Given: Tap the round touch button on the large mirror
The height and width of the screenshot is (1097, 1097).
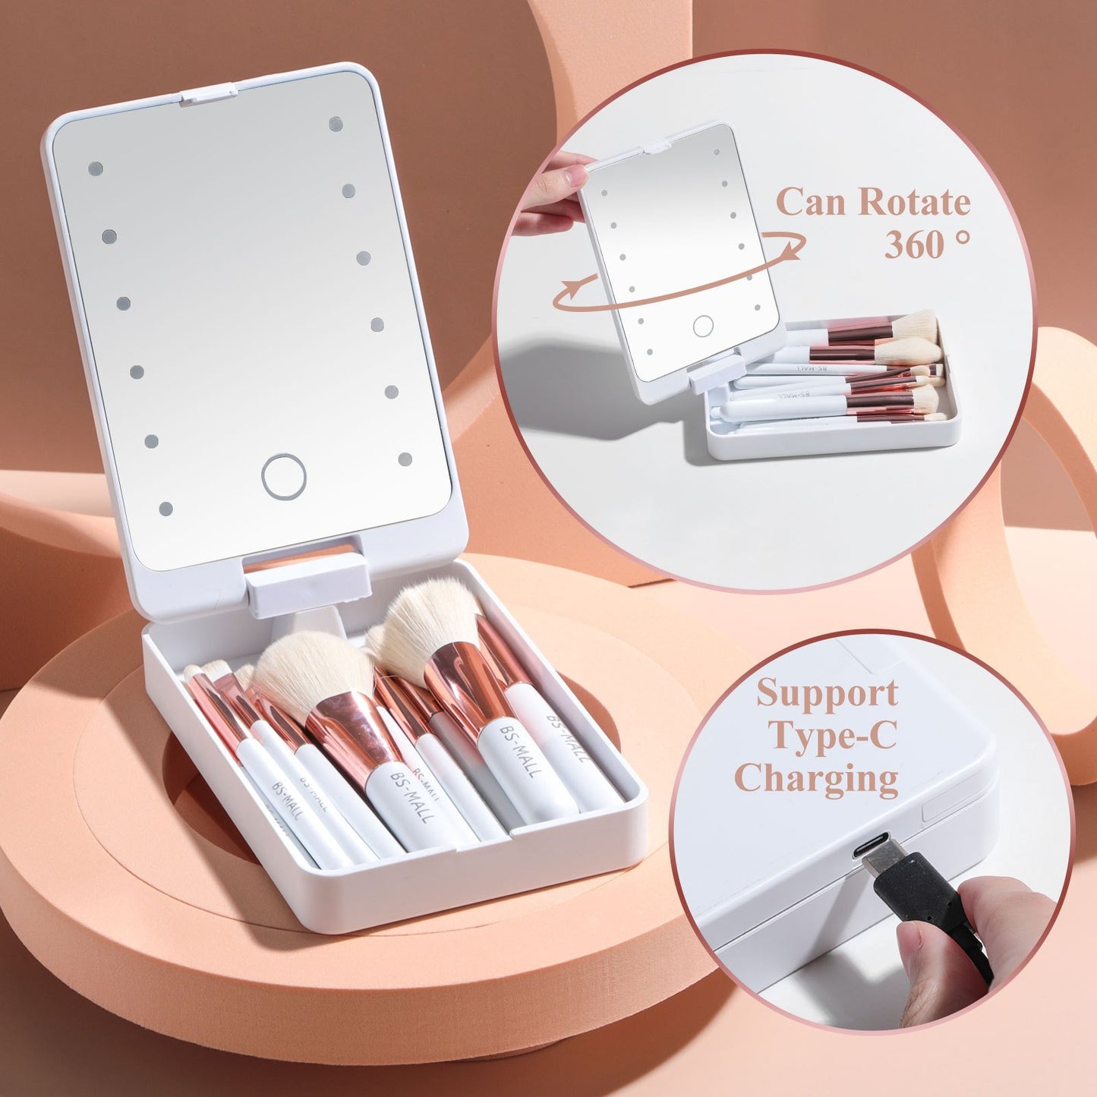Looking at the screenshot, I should coord(284,477).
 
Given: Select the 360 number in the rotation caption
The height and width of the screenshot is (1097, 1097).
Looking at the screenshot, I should coord(915,244).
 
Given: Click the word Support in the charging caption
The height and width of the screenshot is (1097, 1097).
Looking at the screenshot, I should coord(827,693).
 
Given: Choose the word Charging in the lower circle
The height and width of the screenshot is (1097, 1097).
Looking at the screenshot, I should coord(817,778).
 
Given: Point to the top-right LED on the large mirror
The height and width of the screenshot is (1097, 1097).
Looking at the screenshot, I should coord(336,124).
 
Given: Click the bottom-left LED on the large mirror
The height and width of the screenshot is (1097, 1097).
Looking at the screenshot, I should coord(165,509).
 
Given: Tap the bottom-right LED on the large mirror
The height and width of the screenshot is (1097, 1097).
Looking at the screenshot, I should coord(405,459).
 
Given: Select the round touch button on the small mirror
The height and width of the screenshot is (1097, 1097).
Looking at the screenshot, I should coord(703,326).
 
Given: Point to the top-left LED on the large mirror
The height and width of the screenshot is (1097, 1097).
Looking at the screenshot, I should coord(96,169).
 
